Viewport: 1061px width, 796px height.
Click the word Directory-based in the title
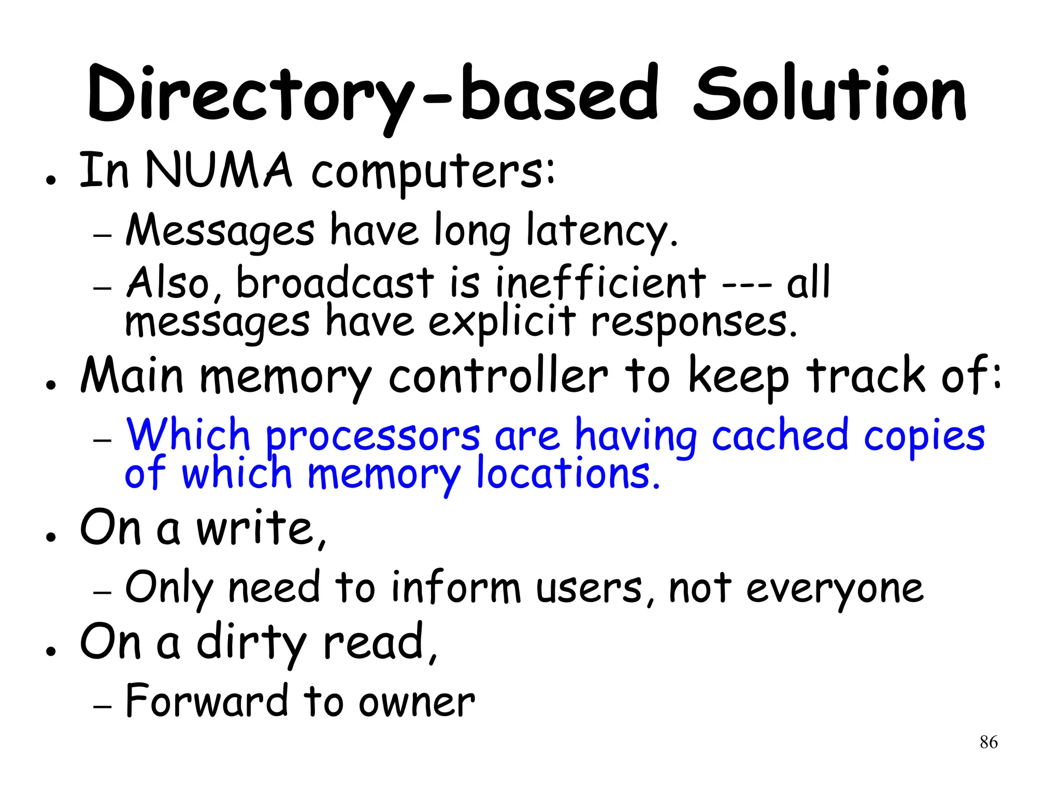click(372, 96)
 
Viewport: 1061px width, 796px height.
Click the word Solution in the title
click(829, 96)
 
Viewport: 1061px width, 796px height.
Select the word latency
click(601, 231)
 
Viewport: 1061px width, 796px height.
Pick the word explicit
click(501, 322)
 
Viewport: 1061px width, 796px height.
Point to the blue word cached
click(780, 435)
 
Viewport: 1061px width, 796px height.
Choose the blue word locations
click(568, 474)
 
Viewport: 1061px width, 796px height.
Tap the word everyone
click(834, 589)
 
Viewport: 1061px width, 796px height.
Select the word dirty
click(252, 644)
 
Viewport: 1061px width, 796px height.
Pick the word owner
click(417, 703)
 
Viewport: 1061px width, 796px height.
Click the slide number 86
click(988, 742)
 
